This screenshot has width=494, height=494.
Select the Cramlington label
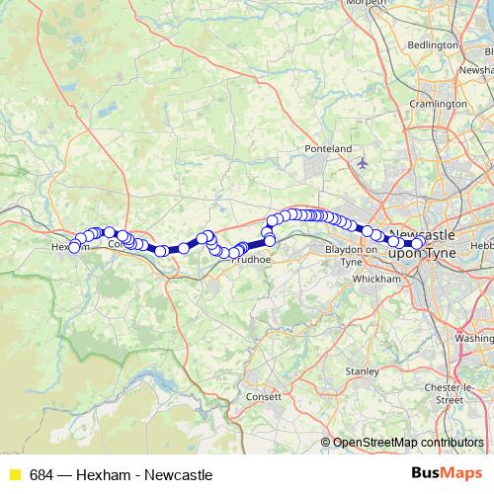(438, 104)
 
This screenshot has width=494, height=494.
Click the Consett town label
(264, 396)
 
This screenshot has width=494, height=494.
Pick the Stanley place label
(362, 371)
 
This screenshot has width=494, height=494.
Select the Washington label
(475, 338)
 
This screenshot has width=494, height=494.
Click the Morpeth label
(365, 3)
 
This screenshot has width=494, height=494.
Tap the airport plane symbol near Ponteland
(363, 161)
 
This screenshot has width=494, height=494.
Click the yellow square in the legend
(15, 475)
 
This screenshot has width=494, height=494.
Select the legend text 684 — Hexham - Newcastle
(121, 475)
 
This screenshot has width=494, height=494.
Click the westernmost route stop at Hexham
(73, 247)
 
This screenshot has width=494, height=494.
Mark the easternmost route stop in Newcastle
(418, 243)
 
